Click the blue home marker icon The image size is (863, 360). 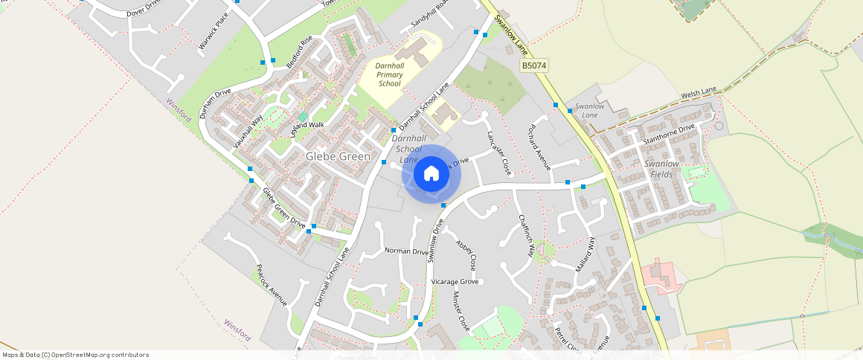click(431, 174)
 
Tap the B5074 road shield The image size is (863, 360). click(533, 66)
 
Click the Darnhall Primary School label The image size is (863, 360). click(390, 74)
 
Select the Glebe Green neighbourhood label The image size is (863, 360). click(338, 157)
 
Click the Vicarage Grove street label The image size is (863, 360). click(454, 282)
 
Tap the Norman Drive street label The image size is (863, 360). click(406, 251)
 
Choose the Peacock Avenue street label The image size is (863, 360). click(272, 285)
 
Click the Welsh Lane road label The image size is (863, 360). click(699, 94)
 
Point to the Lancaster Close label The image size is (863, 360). click(499, 153)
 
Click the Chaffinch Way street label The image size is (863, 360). click(526, 235)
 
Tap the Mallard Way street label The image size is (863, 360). click(585, 254)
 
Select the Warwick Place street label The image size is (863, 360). click(214, 31)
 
